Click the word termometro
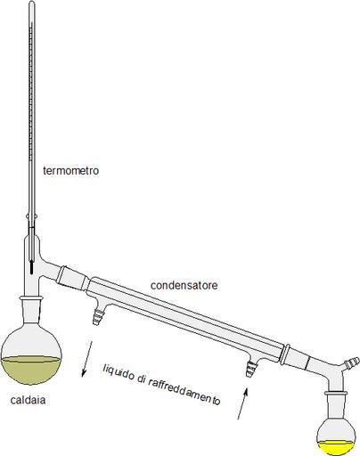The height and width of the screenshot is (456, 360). click(70, 171)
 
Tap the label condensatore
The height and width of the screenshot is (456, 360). click(184, 285)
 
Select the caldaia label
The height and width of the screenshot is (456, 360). click(28, 400)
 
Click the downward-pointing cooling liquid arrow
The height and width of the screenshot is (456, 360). click(87, 359)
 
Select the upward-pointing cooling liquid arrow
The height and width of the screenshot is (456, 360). click(242, 403)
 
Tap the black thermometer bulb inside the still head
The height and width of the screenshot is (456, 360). click(31, 266)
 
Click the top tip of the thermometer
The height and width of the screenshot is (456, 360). click(32, 2)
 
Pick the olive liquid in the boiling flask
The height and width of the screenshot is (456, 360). click(31, 370)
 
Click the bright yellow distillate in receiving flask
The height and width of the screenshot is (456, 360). click(336, 448)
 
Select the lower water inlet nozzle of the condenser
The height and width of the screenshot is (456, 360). click(251, 367)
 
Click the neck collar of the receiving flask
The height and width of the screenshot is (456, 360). click(336, 394)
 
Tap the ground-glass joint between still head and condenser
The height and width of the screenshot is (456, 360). click(72, 278)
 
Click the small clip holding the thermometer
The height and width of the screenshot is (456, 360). click(32, 216)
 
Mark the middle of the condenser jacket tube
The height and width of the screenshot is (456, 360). click(184, 314)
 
